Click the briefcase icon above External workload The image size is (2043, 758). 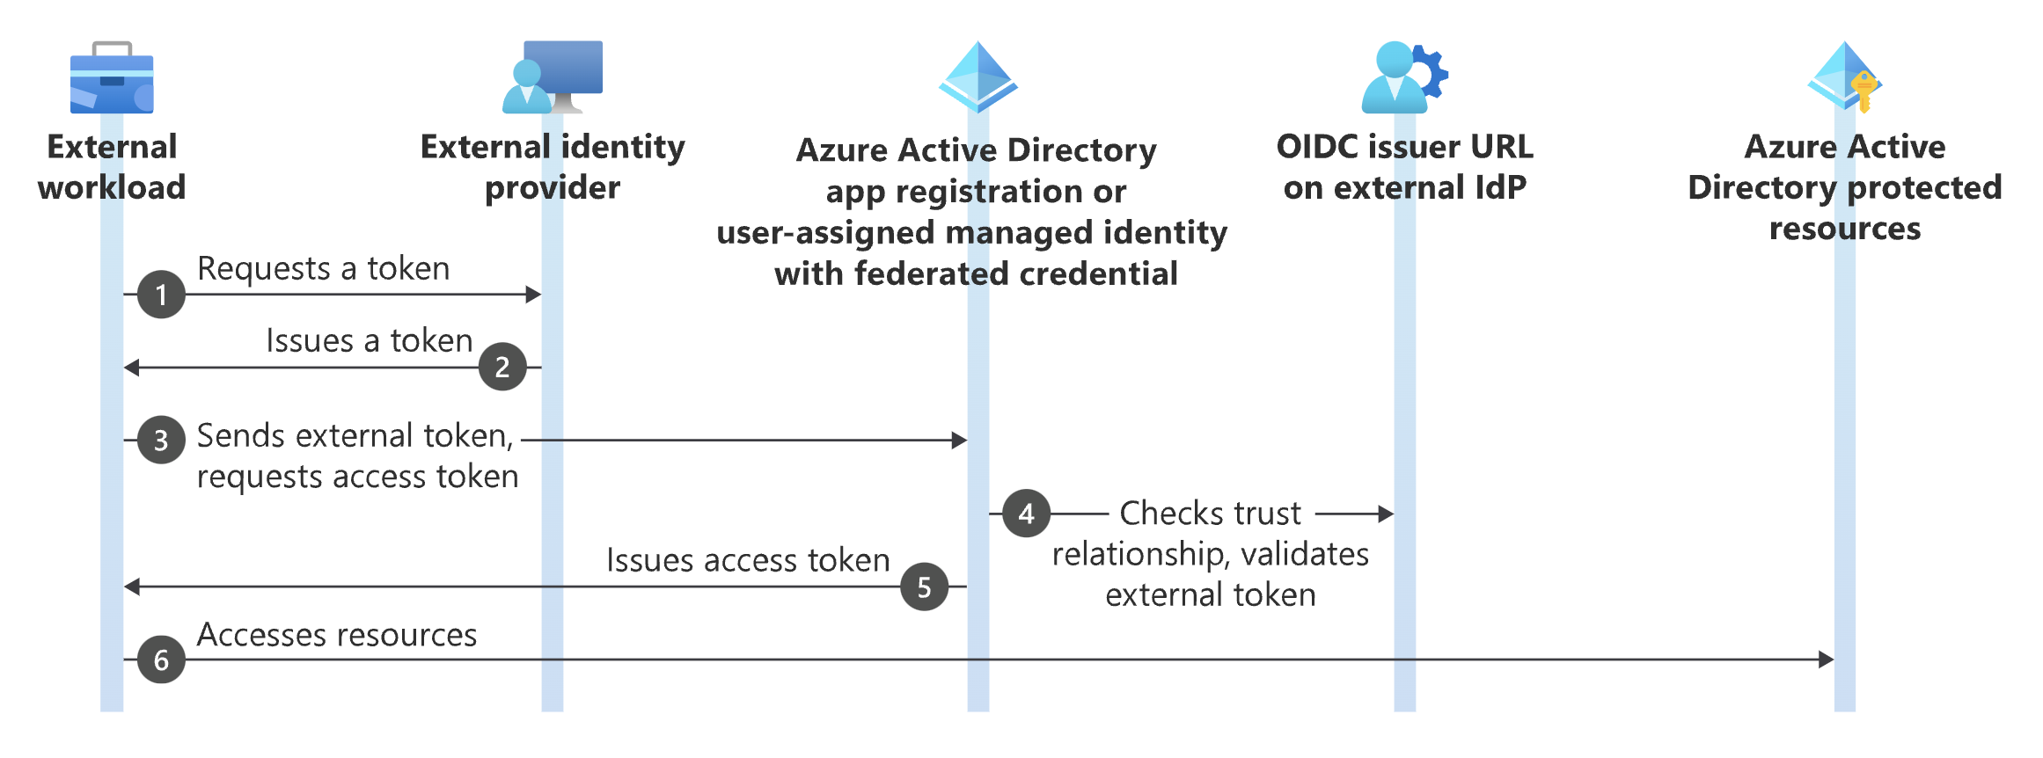tap(112, 79)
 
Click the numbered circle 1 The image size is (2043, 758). tap(161, 295)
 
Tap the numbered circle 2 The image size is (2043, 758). tap(502, 367)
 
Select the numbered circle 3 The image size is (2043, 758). tap(161, 440)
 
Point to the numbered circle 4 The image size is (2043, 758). tap(1026, 514)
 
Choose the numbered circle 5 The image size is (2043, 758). tap(924, 587)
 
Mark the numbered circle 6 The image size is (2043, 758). tap(161, 660)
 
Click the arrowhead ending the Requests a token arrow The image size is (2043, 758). tap(533, 295)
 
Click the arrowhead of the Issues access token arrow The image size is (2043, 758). tap(132, 587)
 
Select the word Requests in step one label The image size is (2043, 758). tap(263, 269)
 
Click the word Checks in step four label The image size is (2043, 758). tap(1162, 514)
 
